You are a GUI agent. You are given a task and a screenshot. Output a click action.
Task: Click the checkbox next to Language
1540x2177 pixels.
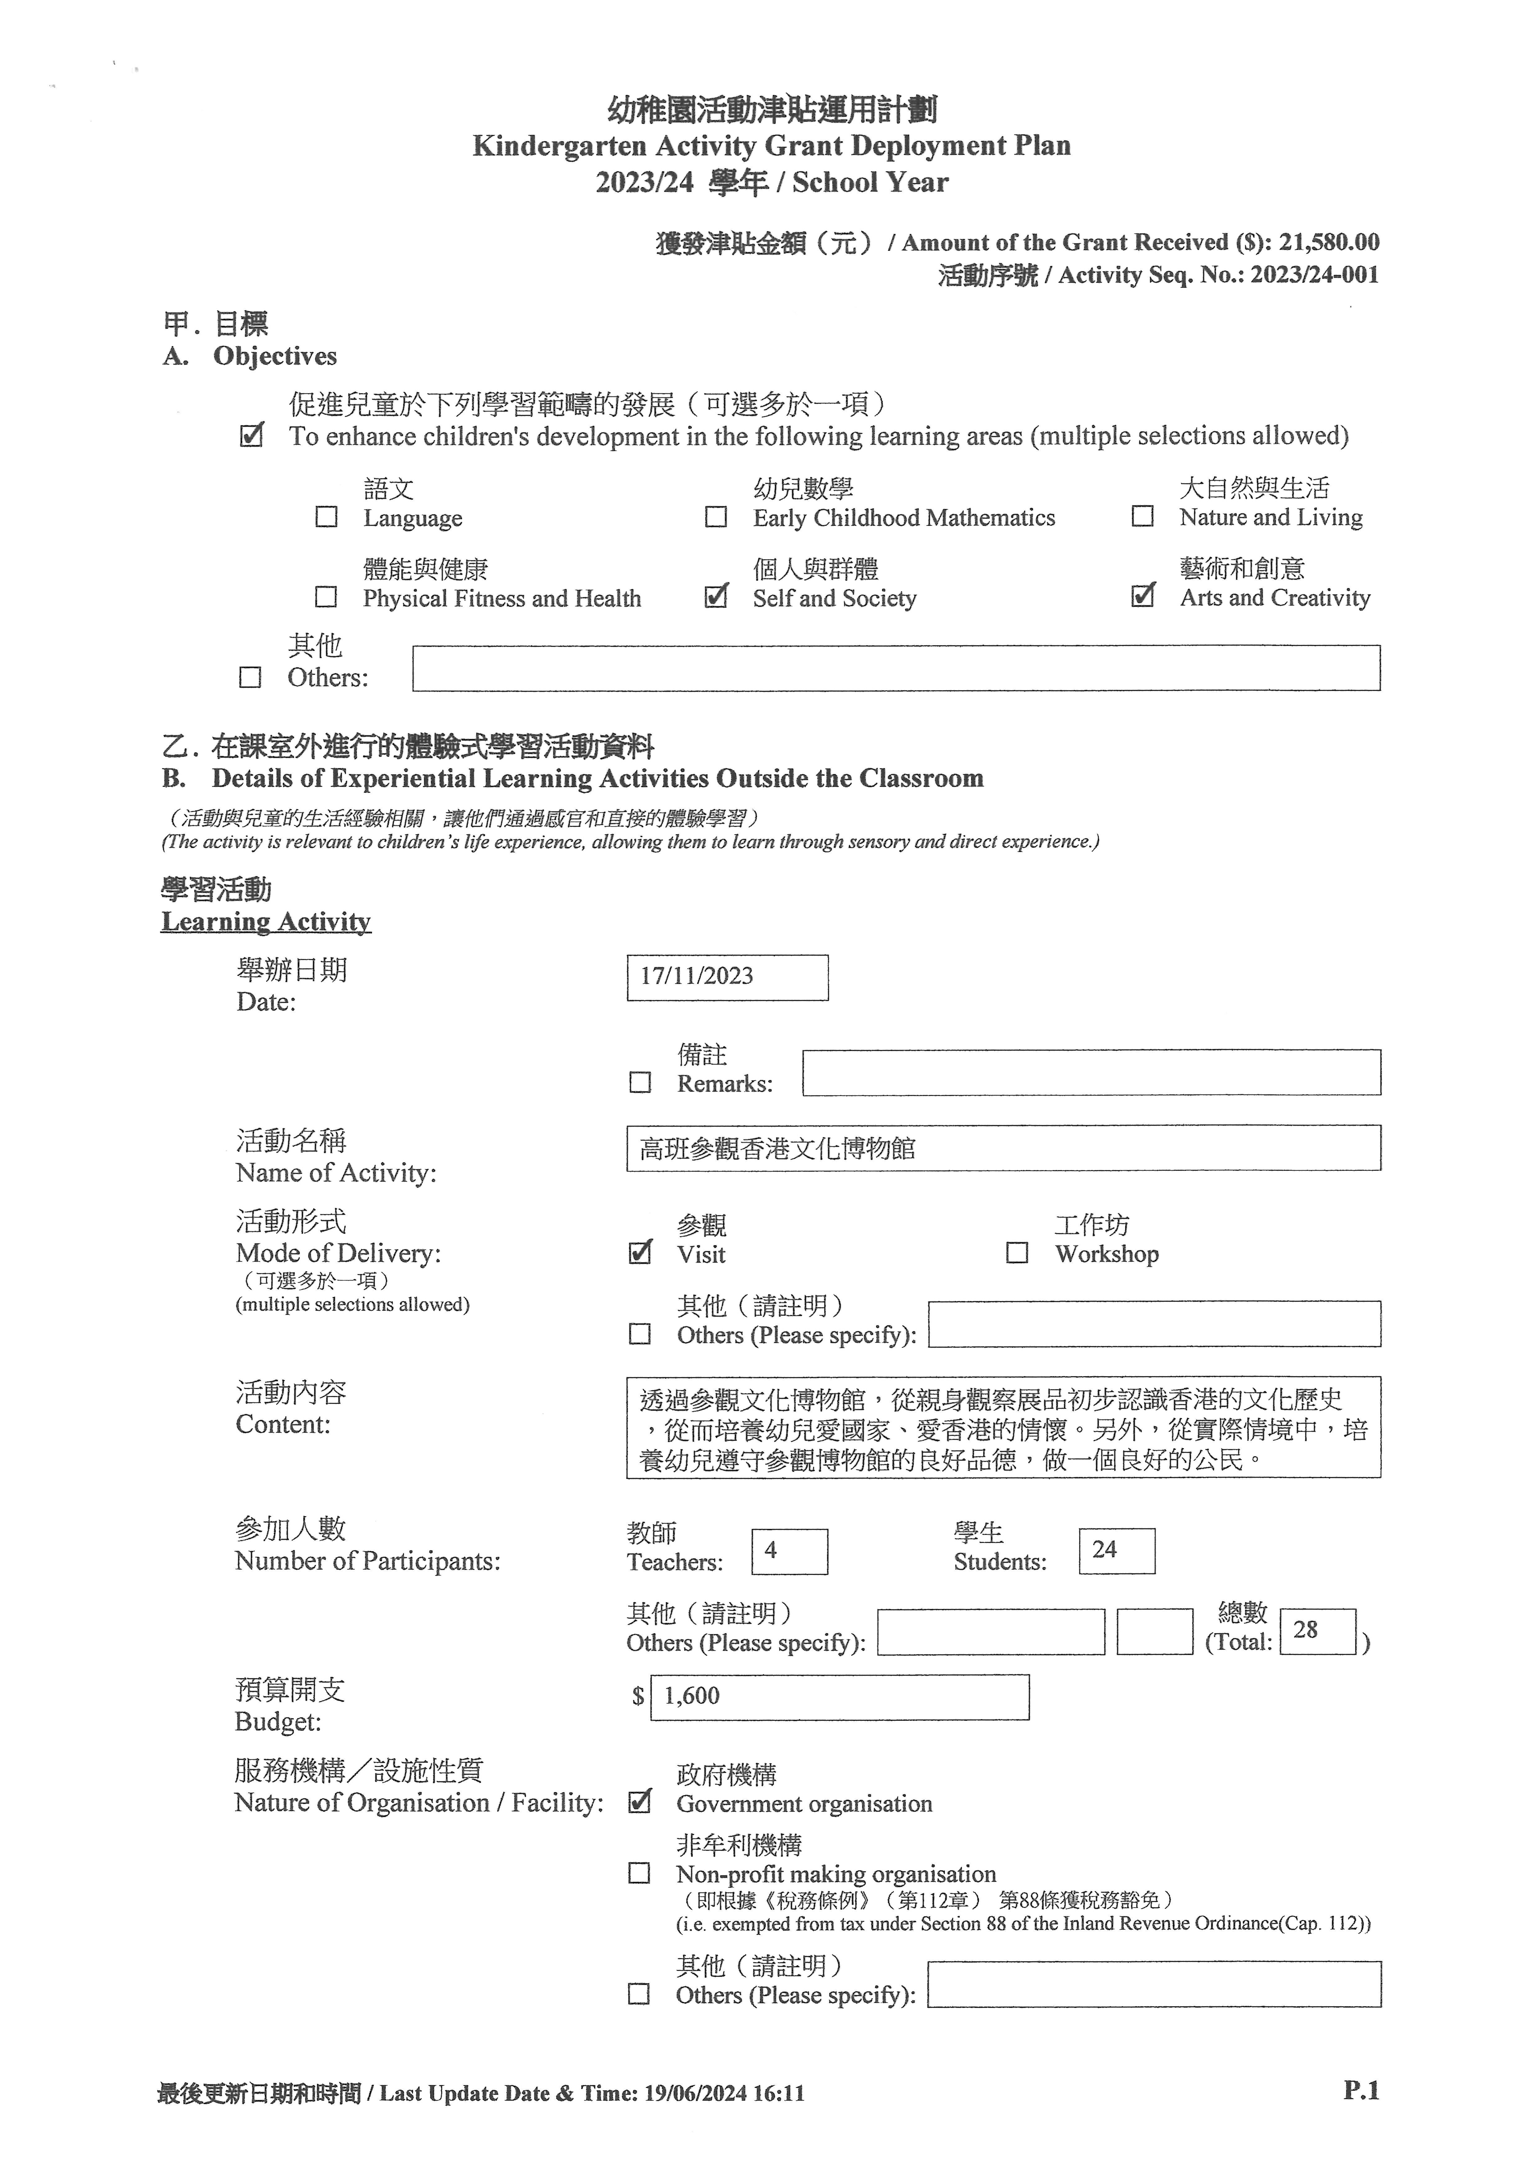326,517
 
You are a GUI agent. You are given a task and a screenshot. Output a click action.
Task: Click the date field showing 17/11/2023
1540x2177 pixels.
727,977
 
